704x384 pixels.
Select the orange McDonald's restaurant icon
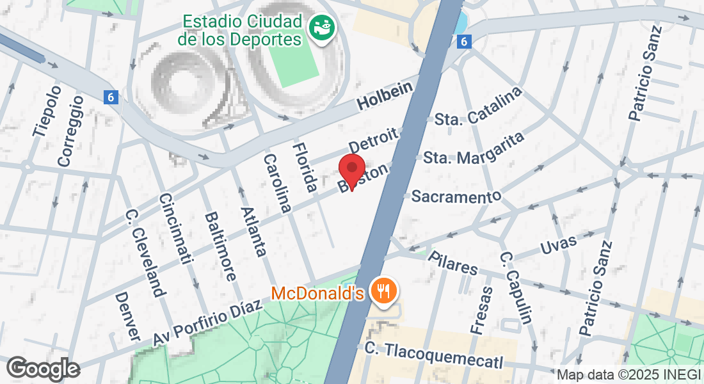coord(384,292)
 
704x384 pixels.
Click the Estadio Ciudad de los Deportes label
coord(242,30)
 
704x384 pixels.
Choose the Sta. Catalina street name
coord(477,109)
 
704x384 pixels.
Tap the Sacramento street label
coord(456,196)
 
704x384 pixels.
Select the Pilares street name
coord(453,262)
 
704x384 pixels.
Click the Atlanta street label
coord(253,231)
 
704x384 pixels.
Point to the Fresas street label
coord(481,310)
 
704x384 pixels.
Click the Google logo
coord(42,369)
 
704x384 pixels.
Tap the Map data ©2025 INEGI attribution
coord(628,374)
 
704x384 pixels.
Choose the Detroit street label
coord(374,140)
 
